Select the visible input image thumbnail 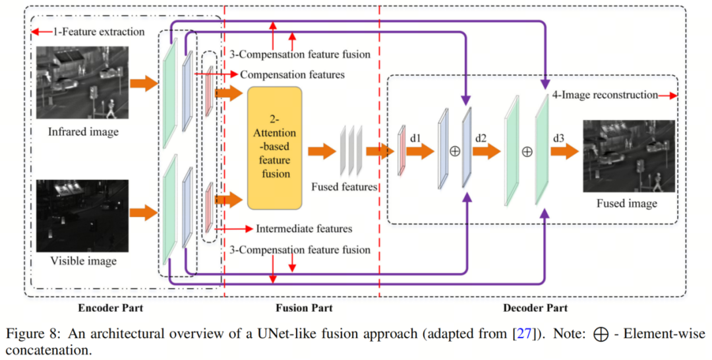tap(82, 215)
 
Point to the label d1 tap(415, 139)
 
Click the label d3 tap(558, 139)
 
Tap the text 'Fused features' tap(343, 187)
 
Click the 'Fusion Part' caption tap(303, 308)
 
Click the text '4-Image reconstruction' tap(603, 95)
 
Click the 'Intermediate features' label tap(304, 229)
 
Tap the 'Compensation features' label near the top tap(292, 75)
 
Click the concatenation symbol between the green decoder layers tap(527, 152)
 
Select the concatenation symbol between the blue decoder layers tap(454, 151)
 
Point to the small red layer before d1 tap(401, 152)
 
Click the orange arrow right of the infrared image tap(143, 84)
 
